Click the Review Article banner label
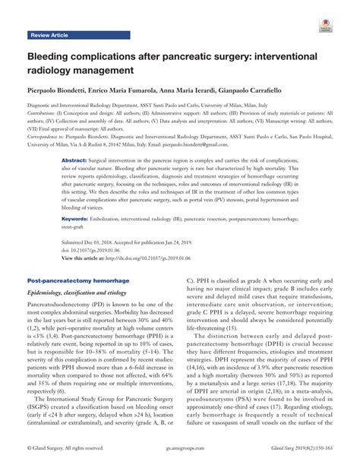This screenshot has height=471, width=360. [49, 36]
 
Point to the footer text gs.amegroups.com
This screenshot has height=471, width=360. [180, 460]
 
